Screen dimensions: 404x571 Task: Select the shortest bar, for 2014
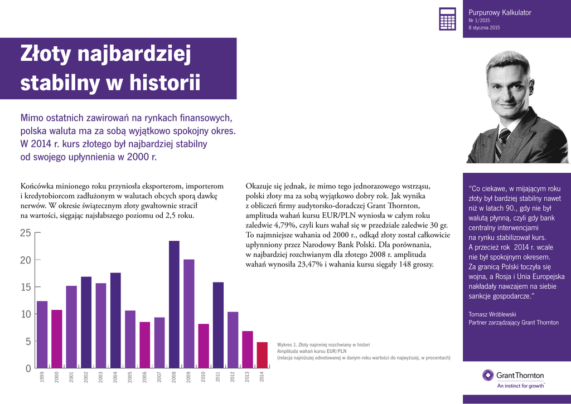coord(262,355)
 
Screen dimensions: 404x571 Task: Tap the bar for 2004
coord(115,320)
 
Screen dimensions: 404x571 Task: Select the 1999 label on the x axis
coord(42,377)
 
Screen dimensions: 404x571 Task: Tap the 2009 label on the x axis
coord(189,377)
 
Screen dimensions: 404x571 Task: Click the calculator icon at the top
coord(447,19)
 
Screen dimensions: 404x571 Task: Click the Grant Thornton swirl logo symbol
coord(488,375)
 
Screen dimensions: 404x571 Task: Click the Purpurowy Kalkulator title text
coord(500,12)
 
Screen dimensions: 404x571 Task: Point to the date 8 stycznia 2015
coord(484,27)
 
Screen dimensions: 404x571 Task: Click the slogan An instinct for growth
coord(520,385)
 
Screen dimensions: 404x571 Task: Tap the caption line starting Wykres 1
coord(323,344)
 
